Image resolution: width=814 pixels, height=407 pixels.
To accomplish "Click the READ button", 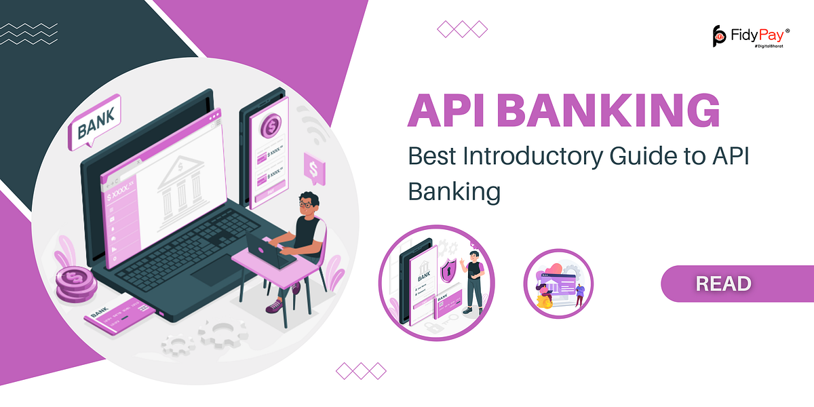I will (723, 284).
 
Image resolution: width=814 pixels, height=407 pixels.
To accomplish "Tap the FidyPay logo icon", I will (720, 35).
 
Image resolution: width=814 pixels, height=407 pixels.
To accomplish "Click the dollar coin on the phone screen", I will (271, 125).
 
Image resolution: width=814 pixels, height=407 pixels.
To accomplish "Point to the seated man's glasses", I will (307, 203).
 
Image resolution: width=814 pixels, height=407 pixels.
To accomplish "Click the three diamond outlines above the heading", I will (462, 28).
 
